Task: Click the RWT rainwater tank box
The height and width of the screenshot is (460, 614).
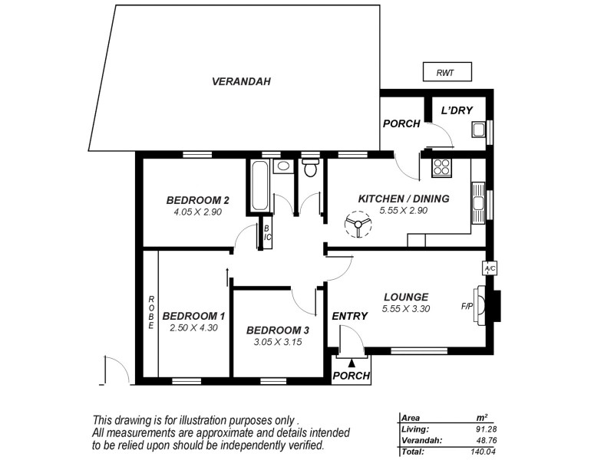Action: coord(446,74)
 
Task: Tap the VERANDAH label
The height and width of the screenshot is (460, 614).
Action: coord(242,81)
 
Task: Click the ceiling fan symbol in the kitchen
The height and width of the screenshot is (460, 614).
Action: coord(356,226)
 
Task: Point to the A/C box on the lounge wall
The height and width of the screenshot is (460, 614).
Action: coord(488,268)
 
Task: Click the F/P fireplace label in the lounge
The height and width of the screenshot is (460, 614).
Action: coord(467,306)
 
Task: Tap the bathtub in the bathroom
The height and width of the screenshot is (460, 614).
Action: coord(259,186)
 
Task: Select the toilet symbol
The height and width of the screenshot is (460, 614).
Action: coord(310,169)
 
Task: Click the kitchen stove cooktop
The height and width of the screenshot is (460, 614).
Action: coord(442,166)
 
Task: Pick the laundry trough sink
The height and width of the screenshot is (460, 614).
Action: coord(477,129)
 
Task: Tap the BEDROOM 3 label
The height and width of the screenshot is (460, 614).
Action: coord(277,330)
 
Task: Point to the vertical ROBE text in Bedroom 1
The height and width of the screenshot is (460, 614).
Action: coord(151,313)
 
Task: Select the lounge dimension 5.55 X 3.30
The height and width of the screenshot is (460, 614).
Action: coord(405,310)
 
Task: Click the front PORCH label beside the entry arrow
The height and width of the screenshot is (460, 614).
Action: coord(352,376)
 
